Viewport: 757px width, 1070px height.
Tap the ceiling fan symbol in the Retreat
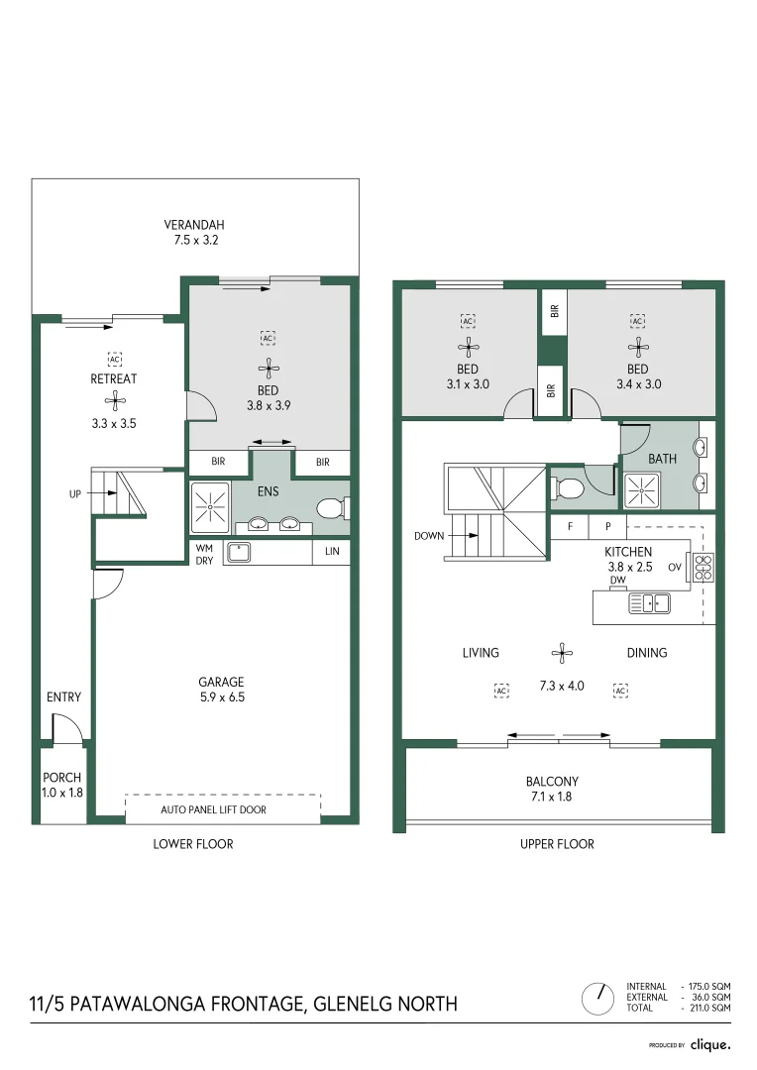click(115, 401)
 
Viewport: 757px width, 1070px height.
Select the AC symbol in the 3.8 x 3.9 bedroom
click(267, 338)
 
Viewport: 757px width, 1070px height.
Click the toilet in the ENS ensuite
click(331, 508)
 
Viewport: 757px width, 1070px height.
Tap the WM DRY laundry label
click(204, 553)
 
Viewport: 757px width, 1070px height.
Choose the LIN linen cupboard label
click(331, 553)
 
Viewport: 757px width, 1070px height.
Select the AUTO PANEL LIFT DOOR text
click(213, 809)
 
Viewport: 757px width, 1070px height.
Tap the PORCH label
click(61, 778)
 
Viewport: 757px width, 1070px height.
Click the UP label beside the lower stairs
click(75, 492)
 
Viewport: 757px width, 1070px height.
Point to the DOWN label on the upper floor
click(428, 536)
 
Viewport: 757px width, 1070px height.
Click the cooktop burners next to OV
click(703, 567)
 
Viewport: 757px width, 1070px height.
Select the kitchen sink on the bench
click(650, 602)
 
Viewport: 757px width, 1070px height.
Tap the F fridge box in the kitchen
click(570, 527)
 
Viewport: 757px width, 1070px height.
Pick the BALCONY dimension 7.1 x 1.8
click(552, 796)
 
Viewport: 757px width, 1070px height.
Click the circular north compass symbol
click(597, 997)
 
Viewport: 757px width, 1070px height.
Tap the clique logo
click(709, 1044)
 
